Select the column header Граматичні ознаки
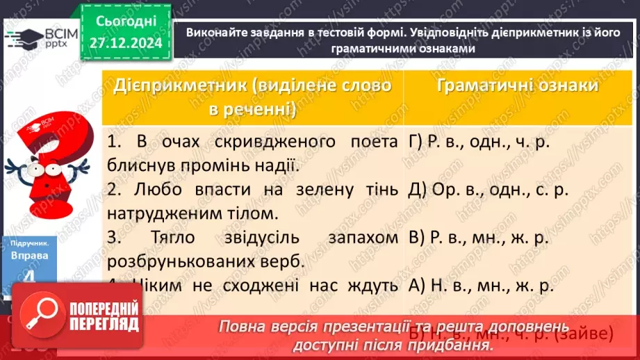click(x=518, y=85)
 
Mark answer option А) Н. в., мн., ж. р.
click(x=480, y=285)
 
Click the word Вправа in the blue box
click(x=30, y=256)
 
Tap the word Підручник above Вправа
click(x=30, y=244)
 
